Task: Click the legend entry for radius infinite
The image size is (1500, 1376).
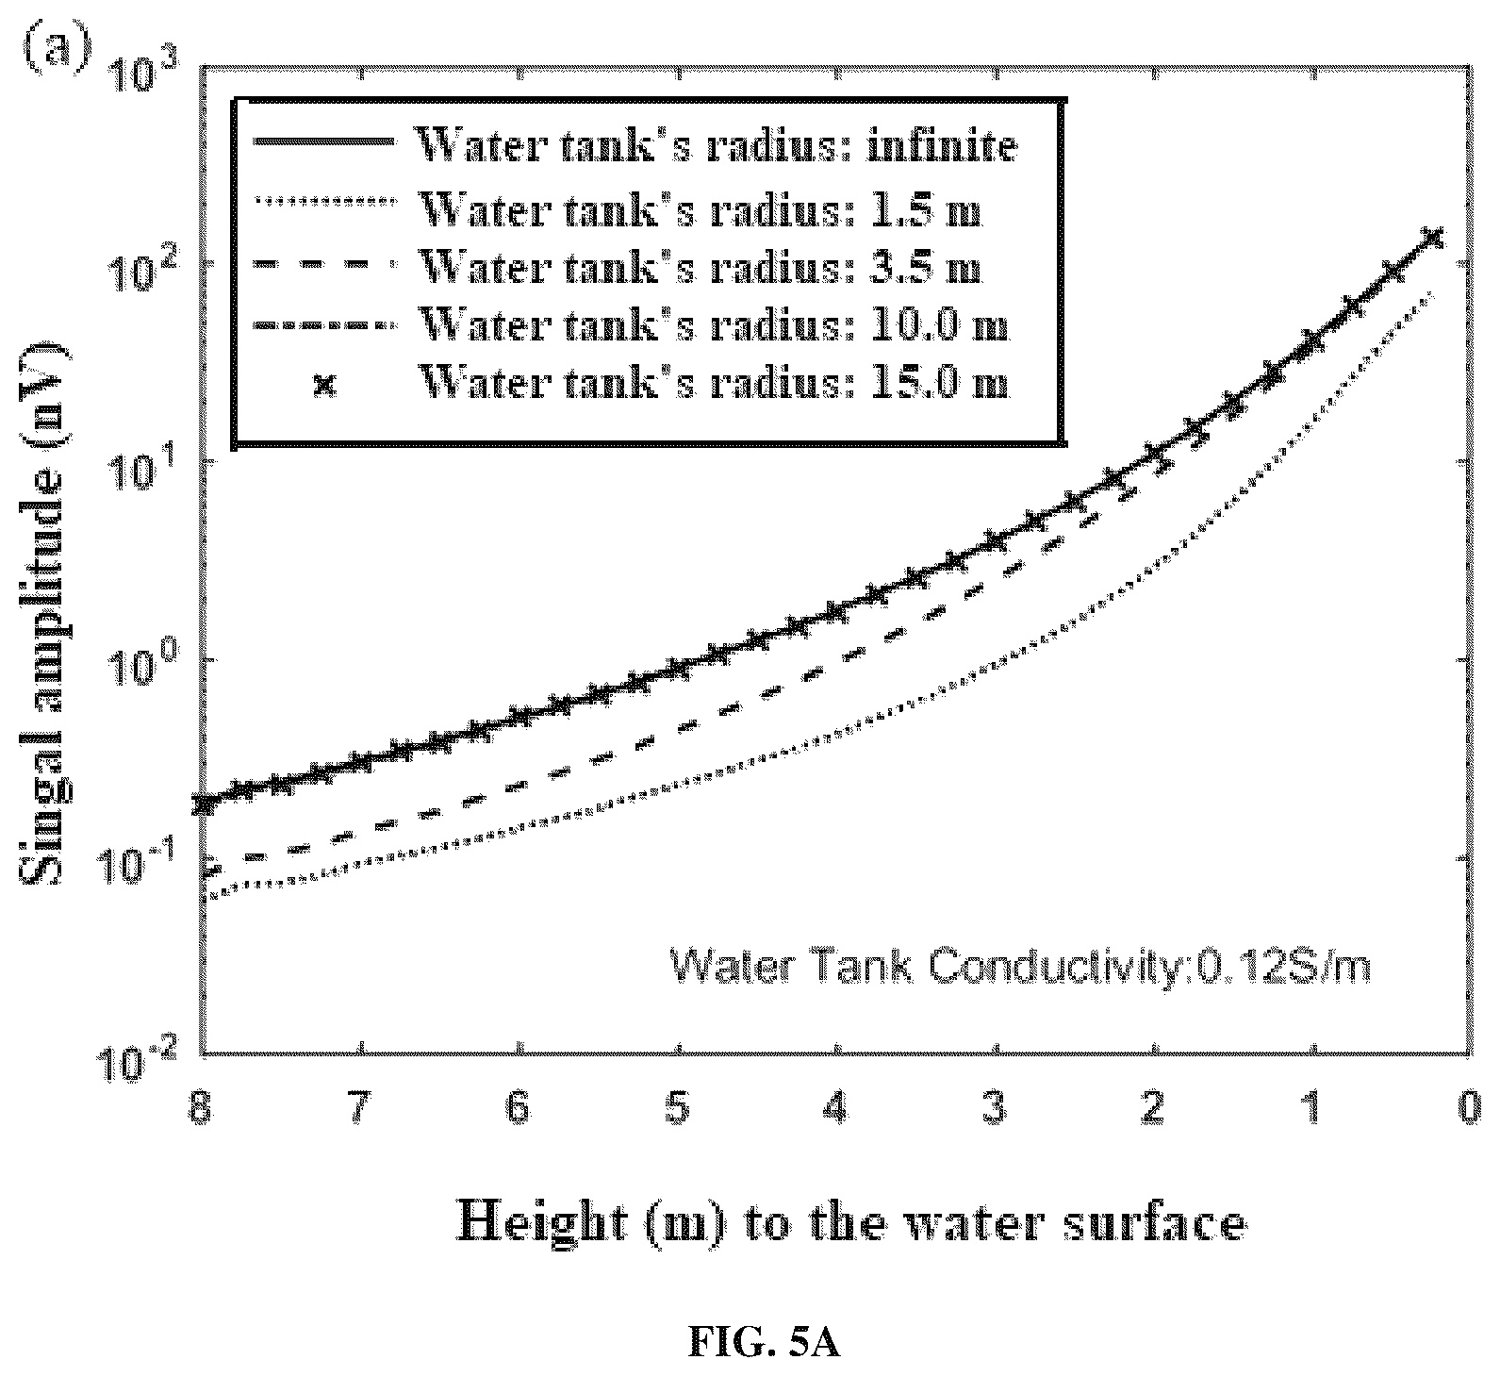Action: click(x=635, y=146)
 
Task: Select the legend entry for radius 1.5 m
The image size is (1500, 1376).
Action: click(x=618, y=208)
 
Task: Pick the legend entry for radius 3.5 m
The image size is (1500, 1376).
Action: click(x=618, y=267)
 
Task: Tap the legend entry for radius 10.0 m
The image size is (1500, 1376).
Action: click(x=631, y=325)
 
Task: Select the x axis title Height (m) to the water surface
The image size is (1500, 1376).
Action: click(x=850, y=1224)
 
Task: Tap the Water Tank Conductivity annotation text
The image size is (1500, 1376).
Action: click(x=1020, y=967)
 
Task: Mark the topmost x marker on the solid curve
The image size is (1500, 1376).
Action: click(x=1433, y=236)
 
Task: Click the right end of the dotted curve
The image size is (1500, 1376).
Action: click(x=1434, y=291)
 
